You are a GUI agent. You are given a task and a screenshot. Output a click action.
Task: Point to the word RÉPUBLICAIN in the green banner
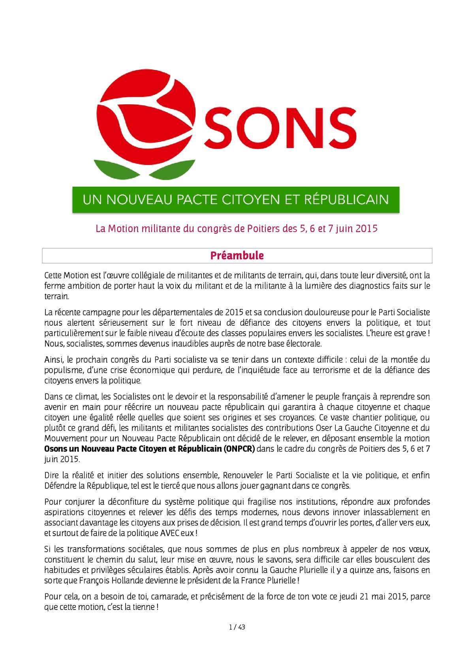click(346, 199)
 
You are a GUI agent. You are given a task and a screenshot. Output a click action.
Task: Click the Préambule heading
click(237, 255)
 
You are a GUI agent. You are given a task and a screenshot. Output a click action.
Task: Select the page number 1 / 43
click(237, 627)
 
